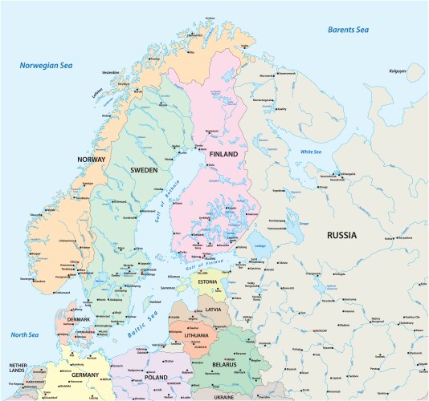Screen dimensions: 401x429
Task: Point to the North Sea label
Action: click(25, 334)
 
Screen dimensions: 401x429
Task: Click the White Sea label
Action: click(310, 152)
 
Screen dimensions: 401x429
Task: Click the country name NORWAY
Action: click(92, 160)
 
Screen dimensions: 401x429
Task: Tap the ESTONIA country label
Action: click(207, 282)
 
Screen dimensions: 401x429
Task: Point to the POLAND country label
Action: click(156, 377)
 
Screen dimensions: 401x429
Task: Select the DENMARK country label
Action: click(78, 319)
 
